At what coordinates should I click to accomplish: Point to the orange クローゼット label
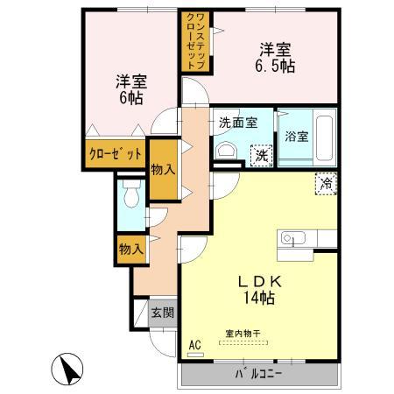115,154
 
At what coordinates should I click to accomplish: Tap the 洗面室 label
237,123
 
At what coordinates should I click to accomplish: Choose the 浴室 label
295,137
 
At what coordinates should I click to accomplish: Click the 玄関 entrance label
162,313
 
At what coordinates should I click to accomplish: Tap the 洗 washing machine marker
262,155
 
